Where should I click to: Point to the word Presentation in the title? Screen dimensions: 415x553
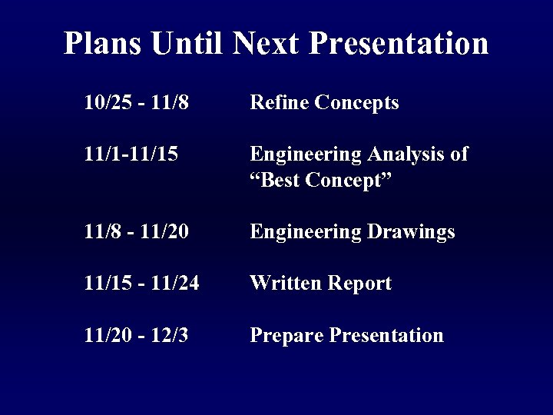click(x=399, y=43)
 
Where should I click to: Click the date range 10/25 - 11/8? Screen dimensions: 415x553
click(x=136, y=103)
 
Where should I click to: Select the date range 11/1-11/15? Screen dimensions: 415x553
click(x=131, y=154)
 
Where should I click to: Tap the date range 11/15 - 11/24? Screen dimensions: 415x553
click(x=142, y=284)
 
